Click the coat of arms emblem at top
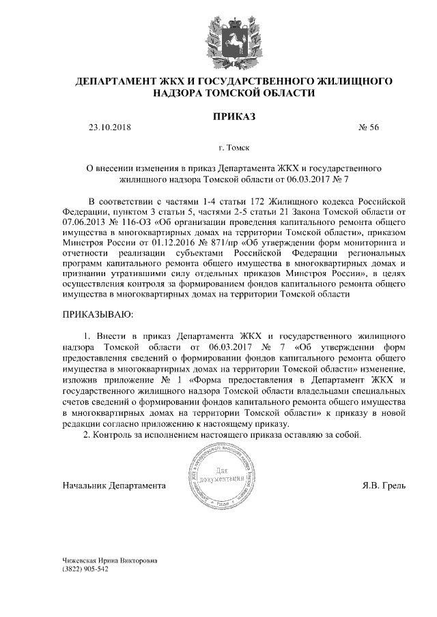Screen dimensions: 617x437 (218, 37)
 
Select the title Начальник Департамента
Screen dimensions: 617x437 (114, 486)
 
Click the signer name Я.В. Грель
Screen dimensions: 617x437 (384, 486)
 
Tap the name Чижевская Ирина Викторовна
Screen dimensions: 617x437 (109, 560)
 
